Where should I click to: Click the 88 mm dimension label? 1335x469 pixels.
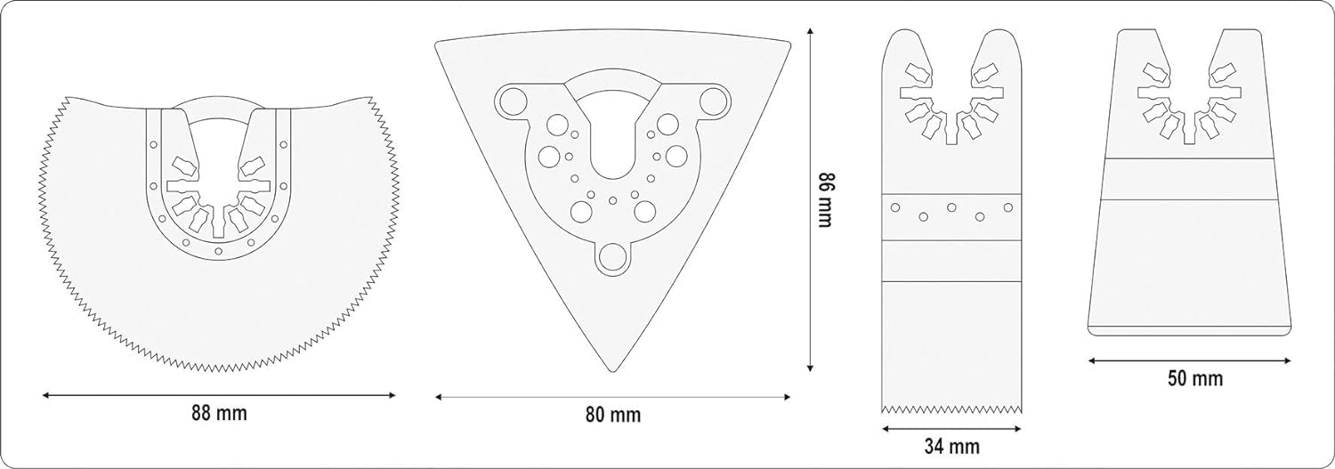tap(219, 413)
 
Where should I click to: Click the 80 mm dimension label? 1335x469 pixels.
tap(612, 415)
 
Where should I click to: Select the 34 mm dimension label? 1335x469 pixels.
tap(951, 446)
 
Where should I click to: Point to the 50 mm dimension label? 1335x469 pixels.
tap(1195, 378)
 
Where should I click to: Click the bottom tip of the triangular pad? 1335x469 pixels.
tap(612, 372)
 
